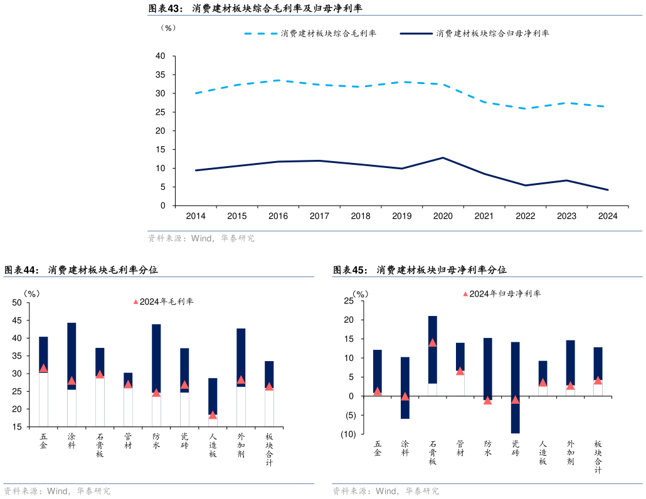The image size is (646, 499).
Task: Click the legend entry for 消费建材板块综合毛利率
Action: [328, 33]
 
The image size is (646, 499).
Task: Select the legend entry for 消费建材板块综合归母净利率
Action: [492, 33]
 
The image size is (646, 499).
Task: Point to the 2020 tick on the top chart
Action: [443, 216]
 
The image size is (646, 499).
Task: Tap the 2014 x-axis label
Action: [196, 216]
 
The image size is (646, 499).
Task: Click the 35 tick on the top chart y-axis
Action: [161, 75]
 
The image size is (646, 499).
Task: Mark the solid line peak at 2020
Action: [443, 158]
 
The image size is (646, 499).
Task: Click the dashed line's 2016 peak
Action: [278, 80]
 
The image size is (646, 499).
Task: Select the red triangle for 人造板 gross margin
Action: [213, 414]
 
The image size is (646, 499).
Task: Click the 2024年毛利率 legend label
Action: [166, 302]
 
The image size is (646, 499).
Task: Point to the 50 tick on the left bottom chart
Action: [17, 303]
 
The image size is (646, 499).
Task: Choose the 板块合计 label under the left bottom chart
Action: [269, 449]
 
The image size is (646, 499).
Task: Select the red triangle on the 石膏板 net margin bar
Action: [433, 343]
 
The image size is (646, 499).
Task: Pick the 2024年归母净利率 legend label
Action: [504, 293]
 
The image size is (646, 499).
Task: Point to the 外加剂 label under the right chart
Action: [570, 453]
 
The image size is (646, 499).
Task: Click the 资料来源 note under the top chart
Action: [201, 238]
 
